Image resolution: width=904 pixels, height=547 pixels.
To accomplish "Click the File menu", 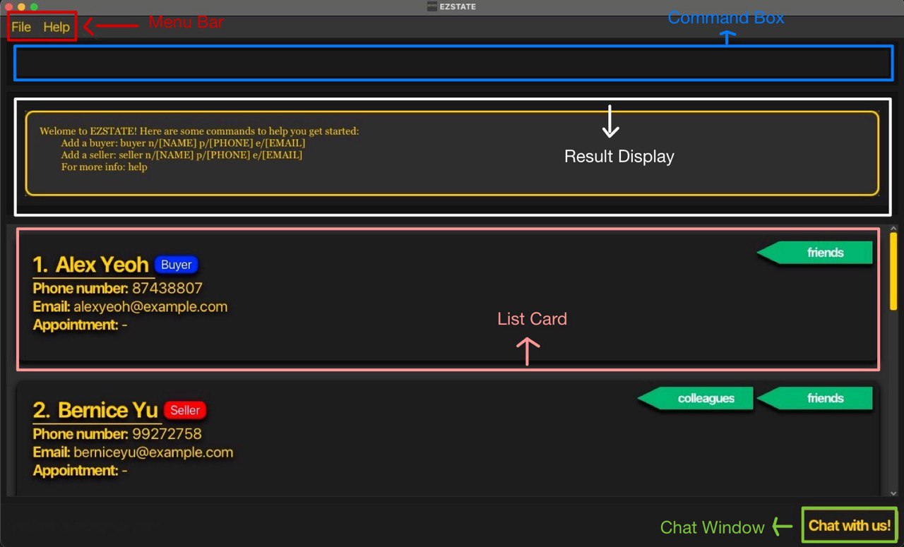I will pyautogui.click(x=21, y=27).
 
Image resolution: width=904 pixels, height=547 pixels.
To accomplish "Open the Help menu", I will pyautogui.click(x=56, y=27).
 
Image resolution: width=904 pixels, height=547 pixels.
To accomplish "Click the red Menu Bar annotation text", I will pyautogui.click(x=186, y=23).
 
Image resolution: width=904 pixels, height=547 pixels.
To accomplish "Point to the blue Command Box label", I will pyautogui.click(x=726, y=18).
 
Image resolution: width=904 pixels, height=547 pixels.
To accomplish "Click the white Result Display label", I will pyautogui.click(x=619, y=157).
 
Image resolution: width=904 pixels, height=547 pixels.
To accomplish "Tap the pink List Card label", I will pyautogui.click(x=532, y=319).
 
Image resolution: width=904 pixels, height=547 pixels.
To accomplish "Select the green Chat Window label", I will pyautogui.click(x=712, y=527).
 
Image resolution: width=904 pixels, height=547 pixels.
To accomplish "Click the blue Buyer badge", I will pyautogui.click(x=177, y=265).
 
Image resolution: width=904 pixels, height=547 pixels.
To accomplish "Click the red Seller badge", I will pyautogui.click(x=185, y=410).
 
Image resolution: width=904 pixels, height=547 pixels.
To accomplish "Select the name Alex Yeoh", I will pyautogui.click(x=102, y=265).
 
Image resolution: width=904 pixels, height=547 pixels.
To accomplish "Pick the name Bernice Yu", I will pyautogui.click(x=107, y=410).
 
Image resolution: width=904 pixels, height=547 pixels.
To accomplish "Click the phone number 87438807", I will pyautogui.click(x=167, y=288).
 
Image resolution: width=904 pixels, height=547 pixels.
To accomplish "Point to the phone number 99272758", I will pyautogui.click(x=167, y=433).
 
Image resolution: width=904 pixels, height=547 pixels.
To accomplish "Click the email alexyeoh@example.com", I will pyautogui.click(x=150, y=306).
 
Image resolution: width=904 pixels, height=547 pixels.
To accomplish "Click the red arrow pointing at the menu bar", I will pyautogui.click(x=111, y=27).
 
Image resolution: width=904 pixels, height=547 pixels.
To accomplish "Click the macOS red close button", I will pyautogui.click(x=9, y=6).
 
